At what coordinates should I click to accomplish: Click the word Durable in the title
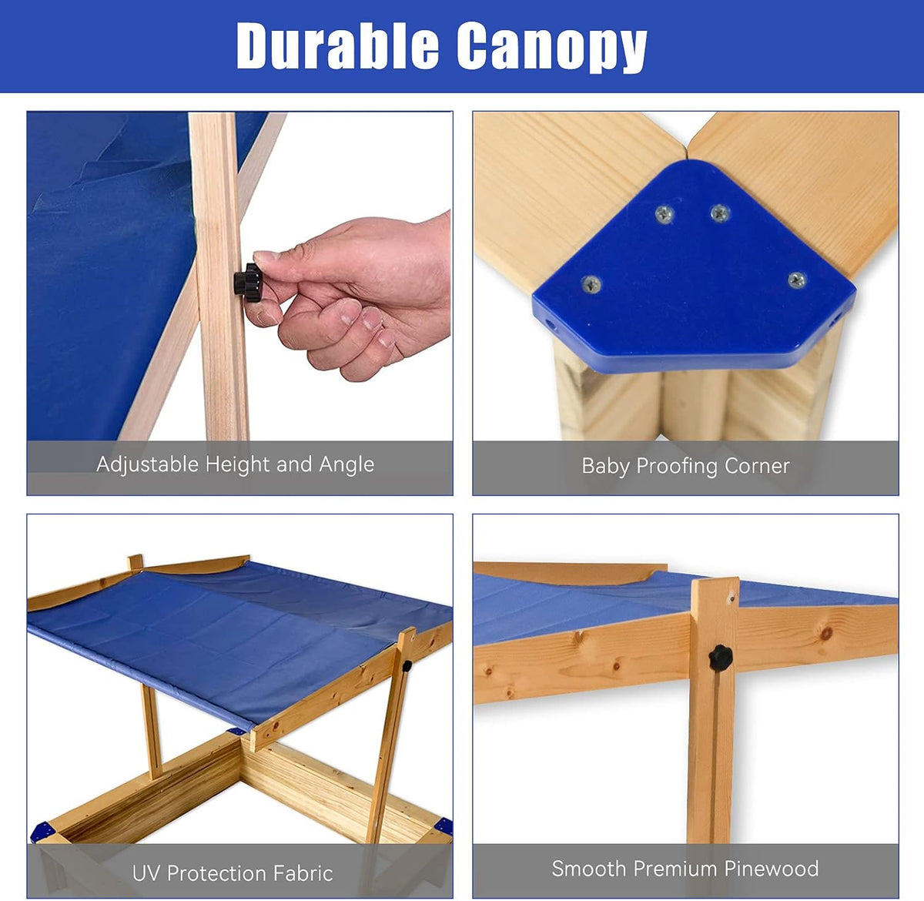[x=337, y=45]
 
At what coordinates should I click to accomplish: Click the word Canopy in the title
[x=552, y=49]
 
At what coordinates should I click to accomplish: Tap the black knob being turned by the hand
[x=247, y=283]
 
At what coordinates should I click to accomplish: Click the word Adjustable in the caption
[x=148, y=464]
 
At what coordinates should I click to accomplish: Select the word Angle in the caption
[x=346, y=464]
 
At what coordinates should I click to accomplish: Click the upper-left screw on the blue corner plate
[x=665, y=214]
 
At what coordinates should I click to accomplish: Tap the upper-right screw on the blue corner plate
[x=720, y=213]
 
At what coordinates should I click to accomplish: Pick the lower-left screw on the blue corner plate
[x=591, y=284]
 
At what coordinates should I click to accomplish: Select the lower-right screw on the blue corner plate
[x=797, y=280]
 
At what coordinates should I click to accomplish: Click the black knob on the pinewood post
[x=721, y=658]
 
